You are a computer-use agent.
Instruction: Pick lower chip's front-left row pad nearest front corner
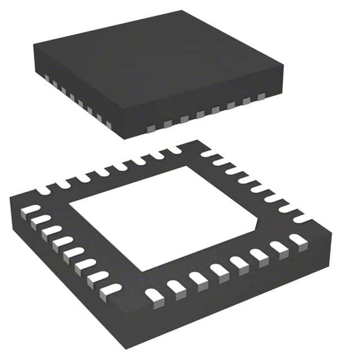coord(107,291)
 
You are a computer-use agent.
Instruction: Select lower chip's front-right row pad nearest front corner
coord(152,294)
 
